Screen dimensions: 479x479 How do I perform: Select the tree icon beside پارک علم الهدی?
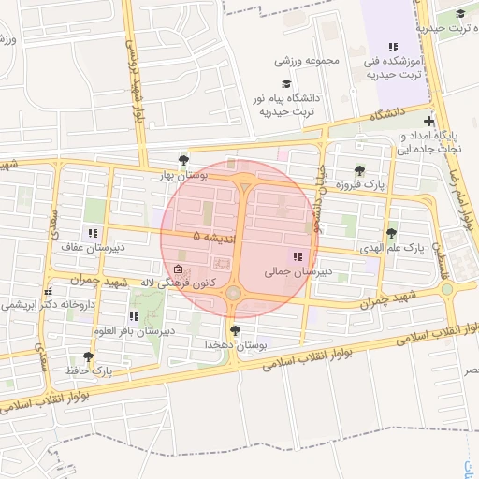tap(391, 234)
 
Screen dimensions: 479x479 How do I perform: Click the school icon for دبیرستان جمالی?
tap(298, 256)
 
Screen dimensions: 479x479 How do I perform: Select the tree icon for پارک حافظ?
tap(88, 356)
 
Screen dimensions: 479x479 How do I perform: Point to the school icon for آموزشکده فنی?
tap(394, 47)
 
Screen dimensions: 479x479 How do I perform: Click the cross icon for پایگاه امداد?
tap(428, 121)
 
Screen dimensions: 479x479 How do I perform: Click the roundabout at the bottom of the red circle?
tap(234, 293)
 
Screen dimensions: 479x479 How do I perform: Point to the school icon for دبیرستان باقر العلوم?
tap(135, 315)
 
